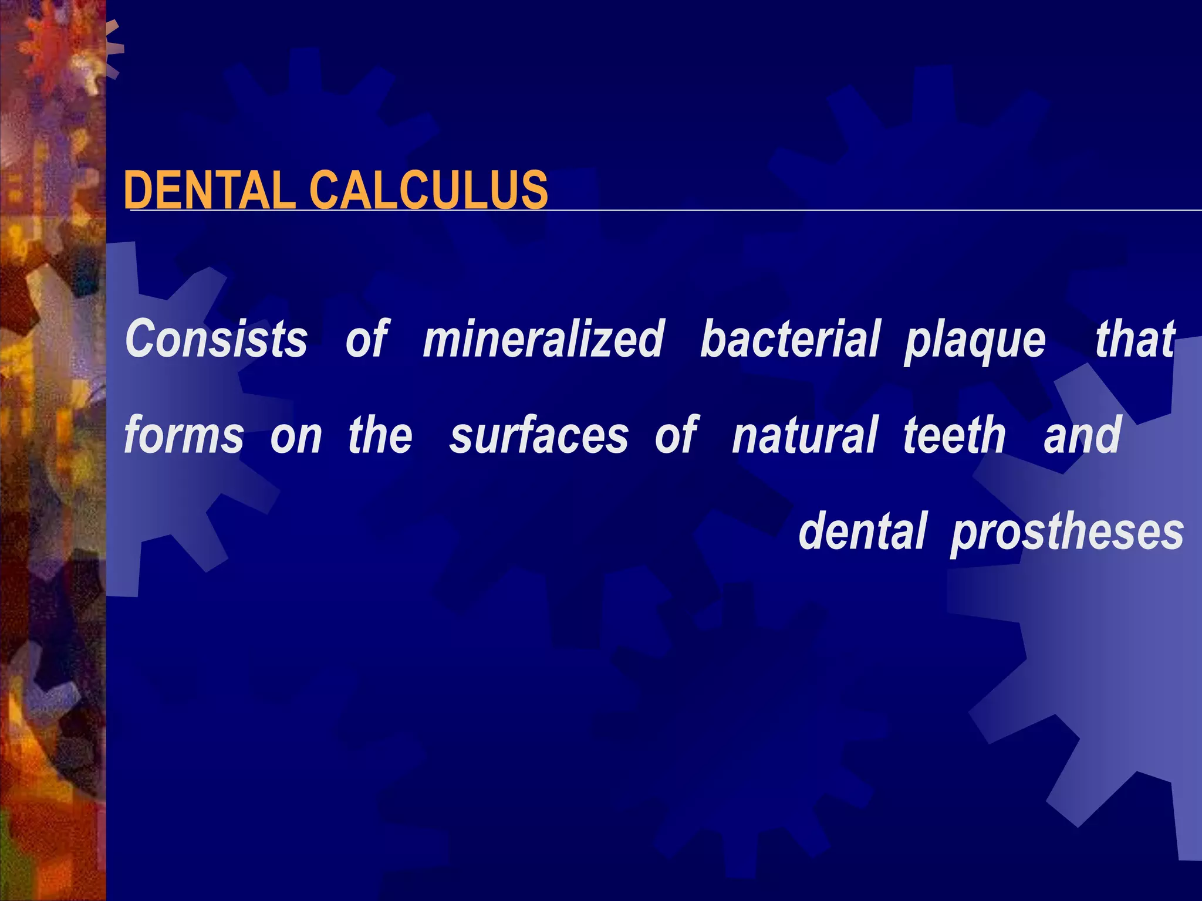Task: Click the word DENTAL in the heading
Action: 210,190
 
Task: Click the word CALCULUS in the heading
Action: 428,190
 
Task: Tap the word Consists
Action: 216,339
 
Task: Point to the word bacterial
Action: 790,339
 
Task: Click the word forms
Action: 184,435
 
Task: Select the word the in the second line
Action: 380,435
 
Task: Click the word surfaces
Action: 539,435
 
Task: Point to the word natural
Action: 805,435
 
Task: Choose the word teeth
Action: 954,435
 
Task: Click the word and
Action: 1082,435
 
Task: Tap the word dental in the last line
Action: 863,531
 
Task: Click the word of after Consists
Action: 367,339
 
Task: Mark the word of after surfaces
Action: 676,435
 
